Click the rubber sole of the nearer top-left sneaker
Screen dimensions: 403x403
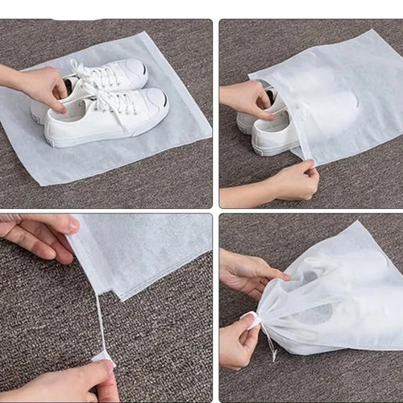coord(97,138)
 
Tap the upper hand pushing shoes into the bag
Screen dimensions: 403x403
coord(246,98)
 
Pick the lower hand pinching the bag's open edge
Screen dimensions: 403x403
coord(294,181)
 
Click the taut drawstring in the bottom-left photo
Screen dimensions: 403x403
coord(100,322)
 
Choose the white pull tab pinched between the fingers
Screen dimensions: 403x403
coord(103,356)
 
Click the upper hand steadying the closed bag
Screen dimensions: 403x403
coord(246,272)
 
